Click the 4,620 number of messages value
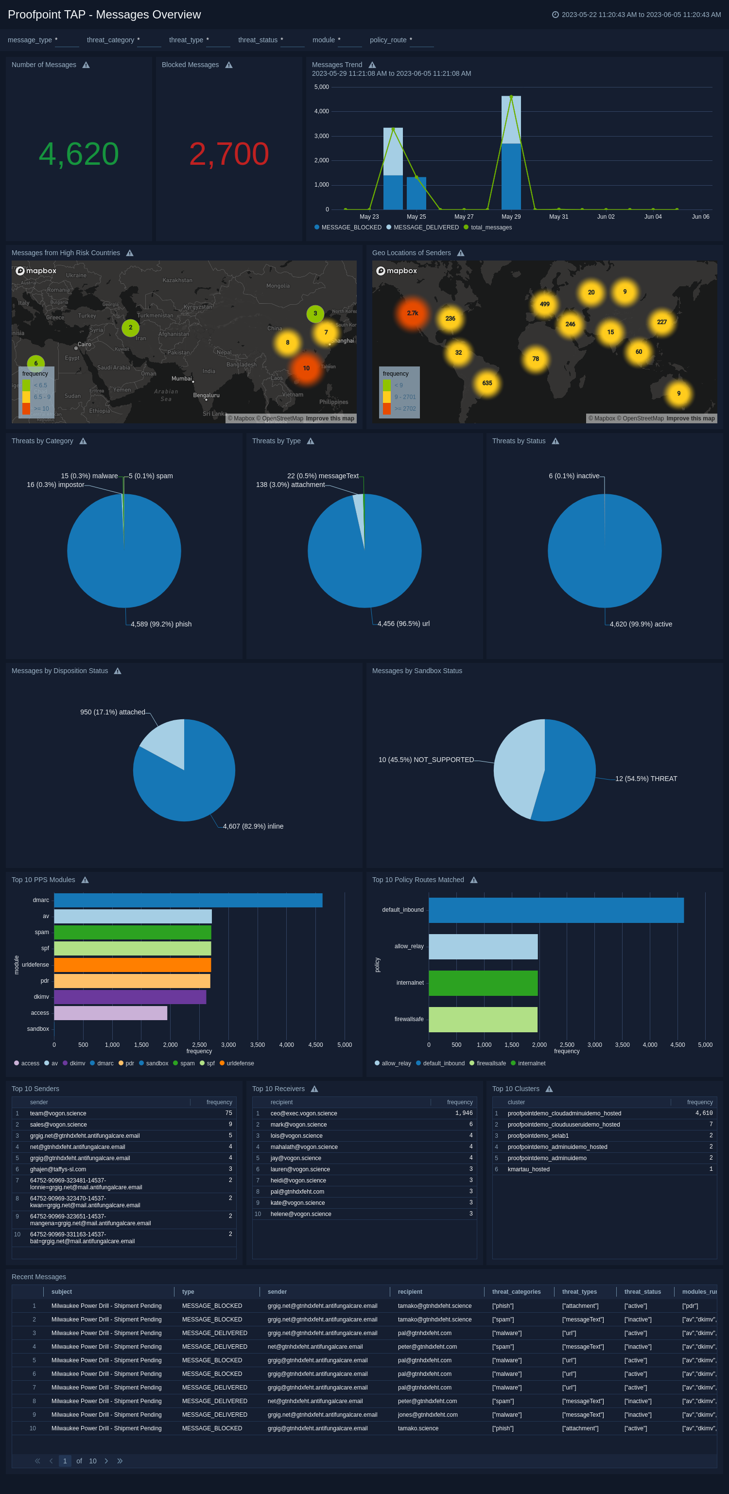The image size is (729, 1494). (79, 154)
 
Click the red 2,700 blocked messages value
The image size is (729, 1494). (229, 154)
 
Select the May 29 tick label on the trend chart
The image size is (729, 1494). (511, 216)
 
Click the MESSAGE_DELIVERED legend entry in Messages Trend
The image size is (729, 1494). (425, 227)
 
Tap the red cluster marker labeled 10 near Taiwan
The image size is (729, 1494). (306, 368)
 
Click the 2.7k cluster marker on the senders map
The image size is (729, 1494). (412, 313)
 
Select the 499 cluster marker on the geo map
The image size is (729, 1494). (545, 304)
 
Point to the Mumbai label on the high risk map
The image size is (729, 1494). (182, 378)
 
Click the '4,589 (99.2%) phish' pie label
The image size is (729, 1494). (161, 624)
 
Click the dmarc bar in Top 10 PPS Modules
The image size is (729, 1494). (188, 900)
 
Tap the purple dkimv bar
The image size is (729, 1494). (130, 996)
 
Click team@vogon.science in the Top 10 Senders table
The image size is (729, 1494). (58, 1113)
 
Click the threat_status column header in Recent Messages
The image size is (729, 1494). (642, 1292)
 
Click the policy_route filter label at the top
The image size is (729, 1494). (388, 40)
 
